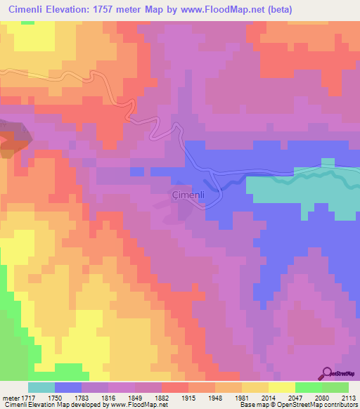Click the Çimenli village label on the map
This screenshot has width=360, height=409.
[x=188, y=194]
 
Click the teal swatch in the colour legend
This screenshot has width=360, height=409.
[x=41, y=387]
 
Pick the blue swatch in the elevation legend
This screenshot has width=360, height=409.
[x=67, y=387]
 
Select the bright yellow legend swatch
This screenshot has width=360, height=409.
[x=281, y=387]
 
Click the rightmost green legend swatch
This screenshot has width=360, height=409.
[x=335, y=387]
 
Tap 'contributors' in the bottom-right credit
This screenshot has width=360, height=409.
[x=340, y=404]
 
